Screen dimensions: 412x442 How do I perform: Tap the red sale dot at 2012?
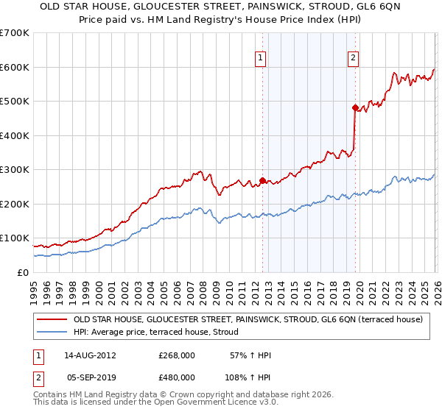[262, 180]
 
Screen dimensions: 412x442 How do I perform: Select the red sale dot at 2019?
[354, 108]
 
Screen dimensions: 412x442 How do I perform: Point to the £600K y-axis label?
[14, 67]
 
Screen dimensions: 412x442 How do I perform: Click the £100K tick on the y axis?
[14, 238]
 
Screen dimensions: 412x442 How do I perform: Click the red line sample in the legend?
[52, 319]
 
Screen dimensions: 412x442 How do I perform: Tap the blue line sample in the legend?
[52, 332]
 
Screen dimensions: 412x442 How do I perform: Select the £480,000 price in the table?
[177, 377]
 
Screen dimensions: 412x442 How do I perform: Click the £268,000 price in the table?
[177, 355]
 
